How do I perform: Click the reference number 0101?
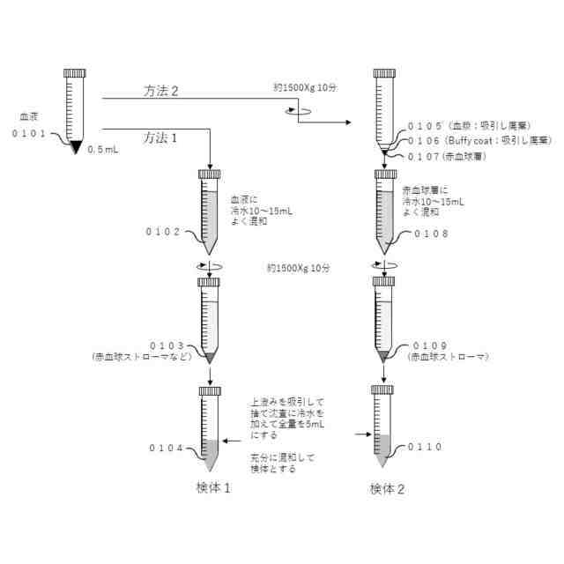pyautogui.click(x=33, y=133)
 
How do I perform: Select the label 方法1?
pyautogui.click(x=161, y=137)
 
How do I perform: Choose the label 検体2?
pyautogui.click(x=387, y=487)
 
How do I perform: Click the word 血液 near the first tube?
pyautogui.click(x=32, y=116)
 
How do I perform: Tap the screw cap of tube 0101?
pyautogui.click(x=74, y=74)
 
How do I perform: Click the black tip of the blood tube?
pyautogui.click(x=75, y=146)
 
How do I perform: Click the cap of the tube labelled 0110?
pyautogui.click(x=382, y=390)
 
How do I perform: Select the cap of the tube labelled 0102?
pyautogui.click(x=210, y=174)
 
